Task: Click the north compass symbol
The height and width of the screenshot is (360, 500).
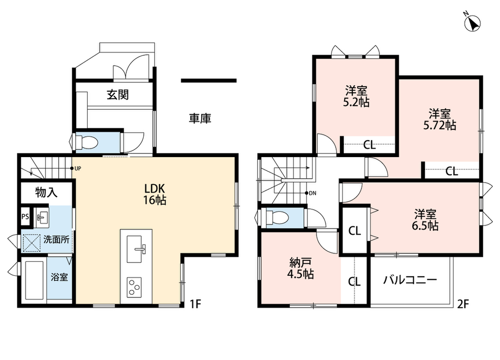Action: [x=472, y=22]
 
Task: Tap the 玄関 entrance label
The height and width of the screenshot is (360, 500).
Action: [x=117, y=94]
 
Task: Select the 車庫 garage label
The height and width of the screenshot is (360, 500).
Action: [x=200, y=119]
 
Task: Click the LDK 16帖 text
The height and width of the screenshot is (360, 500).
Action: [x=155, y=194]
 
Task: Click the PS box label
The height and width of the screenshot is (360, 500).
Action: [x=25, y=217]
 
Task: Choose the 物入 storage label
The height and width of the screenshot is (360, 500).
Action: [x=46, y=192]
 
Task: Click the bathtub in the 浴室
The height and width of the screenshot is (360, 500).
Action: [x=34, y=281]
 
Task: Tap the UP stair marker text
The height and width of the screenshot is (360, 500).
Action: [x=77, y=168]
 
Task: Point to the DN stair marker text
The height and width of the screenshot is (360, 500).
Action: [x=312, y=193]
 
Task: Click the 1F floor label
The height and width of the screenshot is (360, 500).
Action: [x=195, y=304]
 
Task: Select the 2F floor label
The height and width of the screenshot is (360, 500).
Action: [x=463, y=304]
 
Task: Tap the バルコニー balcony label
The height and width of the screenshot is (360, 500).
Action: [x=410, y=280]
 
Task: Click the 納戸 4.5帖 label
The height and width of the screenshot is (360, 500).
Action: [x=301, y=268]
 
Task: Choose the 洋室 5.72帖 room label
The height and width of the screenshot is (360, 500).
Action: [x=439, y=119]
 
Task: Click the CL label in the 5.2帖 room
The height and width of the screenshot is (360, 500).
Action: [x=369, y=145]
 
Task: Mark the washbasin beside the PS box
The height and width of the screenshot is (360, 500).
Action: [x=41, y=217]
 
